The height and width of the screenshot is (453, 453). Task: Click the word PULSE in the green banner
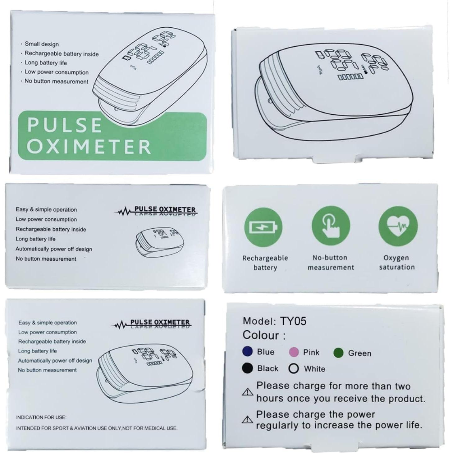[64, 125]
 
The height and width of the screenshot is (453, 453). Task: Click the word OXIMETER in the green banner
[89, 147]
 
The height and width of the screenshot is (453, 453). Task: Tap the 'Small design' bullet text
[42, 44]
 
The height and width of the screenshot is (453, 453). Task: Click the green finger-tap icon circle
[331, 226]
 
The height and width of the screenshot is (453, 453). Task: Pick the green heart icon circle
[398, 226]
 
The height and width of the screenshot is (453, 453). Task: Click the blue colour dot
[247, 351]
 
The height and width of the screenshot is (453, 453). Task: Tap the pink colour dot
[294, 352]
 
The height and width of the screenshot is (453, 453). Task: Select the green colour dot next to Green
[338, 353]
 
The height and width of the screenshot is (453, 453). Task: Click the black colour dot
[247, 368]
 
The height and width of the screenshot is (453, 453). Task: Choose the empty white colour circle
[293, 368]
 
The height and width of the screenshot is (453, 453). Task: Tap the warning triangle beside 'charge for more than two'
[247, 392]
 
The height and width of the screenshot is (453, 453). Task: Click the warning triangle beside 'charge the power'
[247, 420]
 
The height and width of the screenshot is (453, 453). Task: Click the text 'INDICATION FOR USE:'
[41, 417]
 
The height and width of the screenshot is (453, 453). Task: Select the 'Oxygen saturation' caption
[396, 263]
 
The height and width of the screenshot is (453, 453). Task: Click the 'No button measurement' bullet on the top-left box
[56, 81]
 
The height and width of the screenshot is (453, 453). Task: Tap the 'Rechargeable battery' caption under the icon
[265, 263]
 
